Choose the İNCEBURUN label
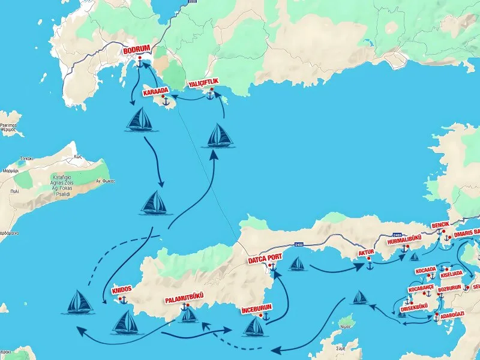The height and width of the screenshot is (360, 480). [x=257, y=309]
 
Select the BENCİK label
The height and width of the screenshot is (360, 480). [x=444, y=226]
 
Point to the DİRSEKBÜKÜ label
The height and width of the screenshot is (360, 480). [x=414, y=309]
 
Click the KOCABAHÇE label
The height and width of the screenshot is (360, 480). [x=421, y=289]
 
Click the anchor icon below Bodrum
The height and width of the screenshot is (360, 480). [x=140, y=62]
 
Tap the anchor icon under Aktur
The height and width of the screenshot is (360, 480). [x=370, y=265]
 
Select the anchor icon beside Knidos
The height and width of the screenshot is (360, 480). [x=124, y=299]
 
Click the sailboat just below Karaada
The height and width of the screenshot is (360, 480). [x=143, y=121]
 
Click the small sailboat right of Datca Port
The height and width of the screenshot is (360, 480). [x=297, y=263]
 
